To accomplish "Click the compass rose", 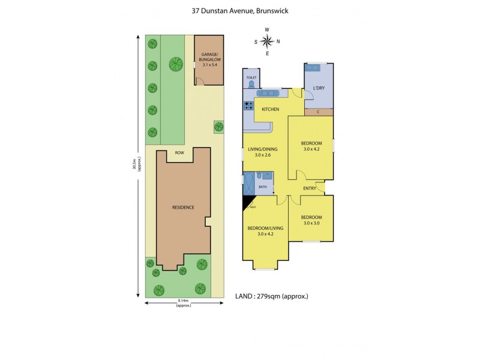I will [x=267, y=41].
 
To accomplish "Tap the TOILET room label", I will [x=251, y=78].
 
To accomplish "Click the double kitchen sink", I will [x=267, y=93].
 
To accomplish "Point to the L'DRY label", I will [x=319, y=89].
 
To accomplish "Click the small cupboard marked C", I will [x=318, y=112].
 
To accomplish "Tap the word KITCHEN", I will [x=271, y=109].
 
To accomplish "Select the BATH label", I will [x=262, y=187].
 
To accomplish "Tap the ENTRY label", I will [x=309, y=188].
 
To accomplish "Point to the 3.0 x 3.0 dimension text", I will [x=311, y=224].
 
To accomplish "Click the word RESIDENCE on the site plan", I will [x=183, y=208].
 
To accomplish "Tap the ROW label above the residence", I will [x=179, y=153].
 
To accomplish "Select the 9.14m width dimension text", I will [x=183, y=301].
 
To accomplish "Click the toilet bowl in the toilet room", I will [x=251, y=85].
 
